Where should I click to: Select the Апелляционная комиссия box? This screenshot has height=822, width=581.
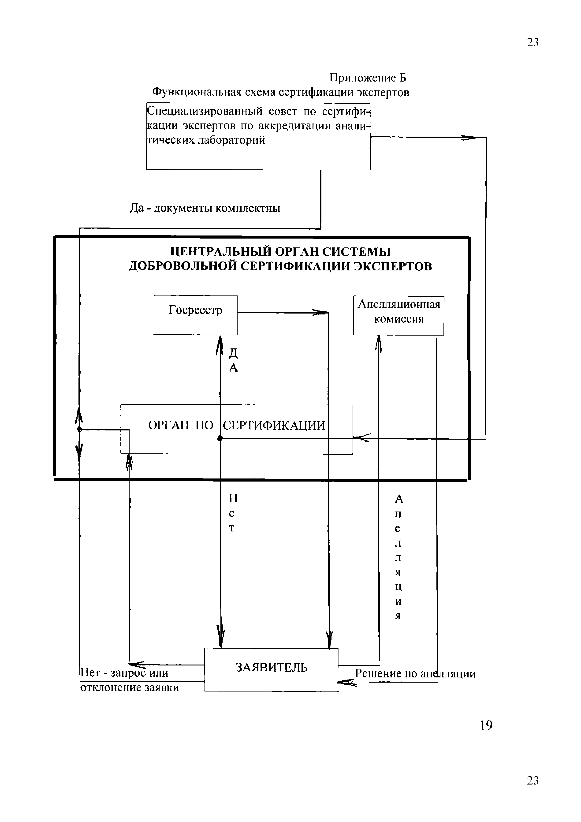coord(399,315)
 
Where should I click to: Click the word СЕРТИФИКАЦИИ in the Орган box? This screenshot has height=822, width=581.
coord(274,425)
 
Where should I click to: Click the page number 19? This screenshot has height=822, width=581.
coord(486,725)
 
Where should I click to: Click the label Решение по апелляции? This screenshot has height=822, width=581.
coord(415,673)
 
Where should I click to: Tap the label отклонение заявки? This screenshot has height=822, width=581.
coord(130,688)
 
